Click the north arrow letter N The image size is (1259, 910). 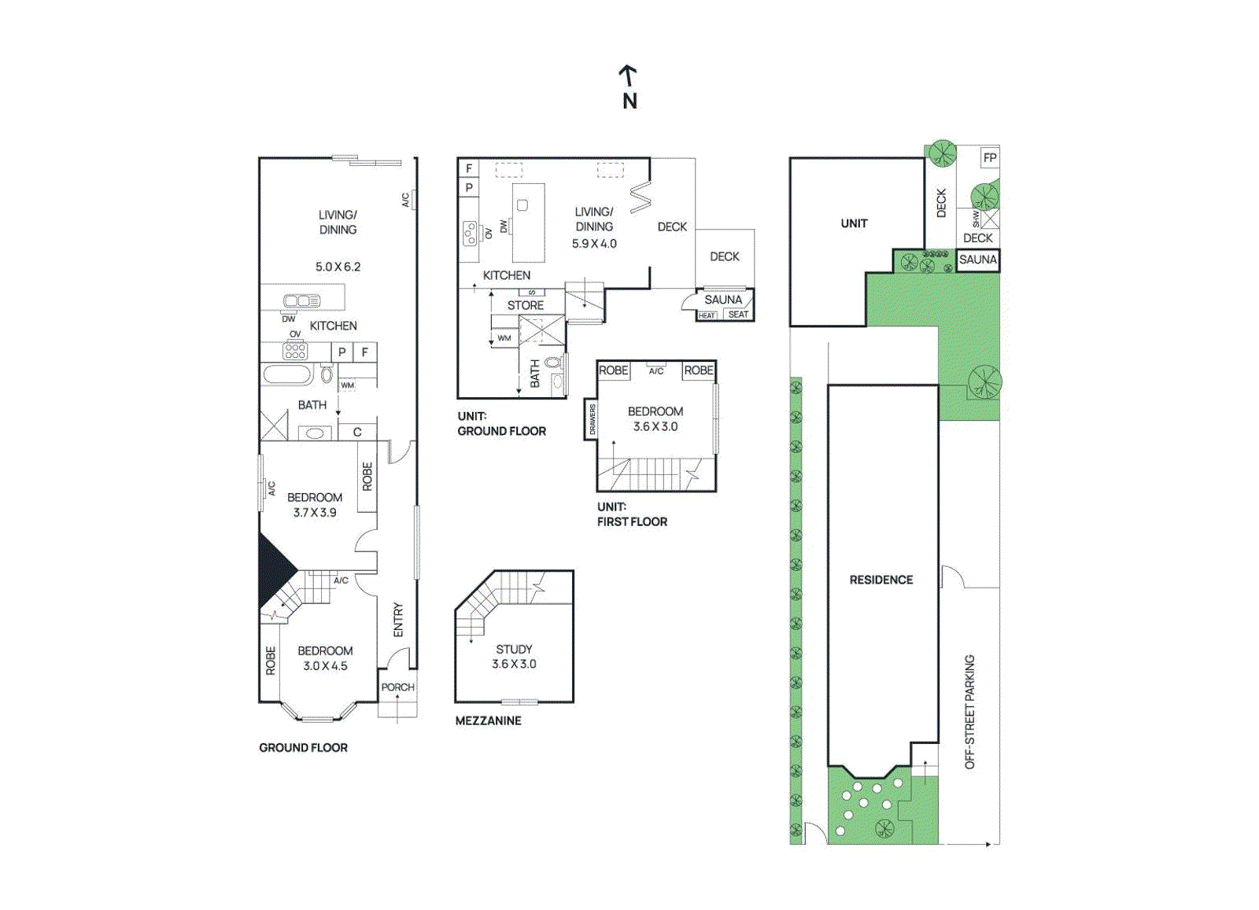pyautogui.click(x=629, y=101)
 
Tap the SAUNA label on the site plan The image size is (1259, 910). pyautogui.click(x=977, y=260)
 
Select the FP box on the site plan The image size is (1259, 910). pyautogui.click(x=990, y=157)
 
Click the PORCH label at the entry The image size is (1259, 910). pyautogui.click(x=397, y=687)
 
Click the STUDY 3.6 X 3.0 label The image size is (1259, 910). pyautogui.click(x=514, y=657)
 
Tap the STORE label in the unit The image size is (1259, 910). pyautogui.click(x=526, y=305)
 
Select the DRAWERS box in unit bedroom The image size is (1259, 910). pyautogui.click(x=592, y=419)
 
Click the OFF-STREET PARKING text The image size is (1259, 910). pyautogui.click(x=969, y=712)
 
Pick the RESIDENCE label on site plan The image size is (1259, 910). pyautogui.click(x=881, y=580)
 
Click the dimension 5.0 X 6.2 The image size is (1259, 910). pyautogui.click(x=338, y=267)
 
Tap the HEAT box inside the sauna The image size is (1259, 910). pyautogui.click(x=707, y=315)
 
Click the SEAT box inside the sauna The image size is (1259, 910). pyautogui.click(x=738, y=315)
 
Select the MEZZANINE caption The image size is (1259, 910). pyautogui.click(x=488, y=720)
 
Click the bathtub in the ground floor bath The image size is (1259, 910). pyautogui.click(x=288, y=374)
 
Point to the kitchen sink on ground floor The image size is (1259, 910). pyautogui.click(x=301, y=300)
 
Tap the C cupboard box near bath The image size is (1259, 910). pyautogui.click(x=357, y=432)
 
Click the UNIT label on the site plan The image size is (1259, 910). pyautogui.click(x=854, y=223)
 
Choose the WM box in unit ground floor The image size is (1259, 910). pyautogui.click(x=504, y=338)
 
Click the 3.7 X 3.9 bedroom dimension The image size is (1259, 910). pyautogui.click(x=315, y=512)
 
